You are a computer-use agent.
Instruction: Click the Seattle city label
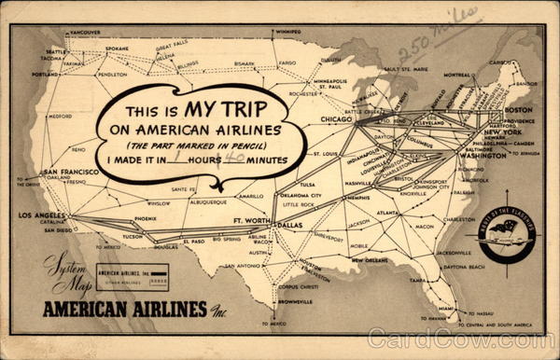click(57, 51)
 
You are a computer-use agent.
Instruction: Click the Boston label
click(517, 110)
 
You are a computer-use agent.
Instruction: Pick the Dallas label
click(290, 226)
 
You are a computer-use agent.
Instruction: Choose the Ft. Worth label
click(249, 219)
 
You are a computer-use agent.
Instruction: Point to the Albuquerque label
click(207, 201)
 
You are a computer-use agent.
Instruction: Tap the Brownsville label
click(294, 301)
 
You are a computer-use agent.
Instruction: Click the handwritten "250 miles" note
click(436, 35)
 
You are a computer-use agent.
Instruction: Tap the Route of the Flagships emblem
click(504, 234)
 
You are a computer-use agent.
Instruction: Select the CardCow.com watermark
click(458, 339)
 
